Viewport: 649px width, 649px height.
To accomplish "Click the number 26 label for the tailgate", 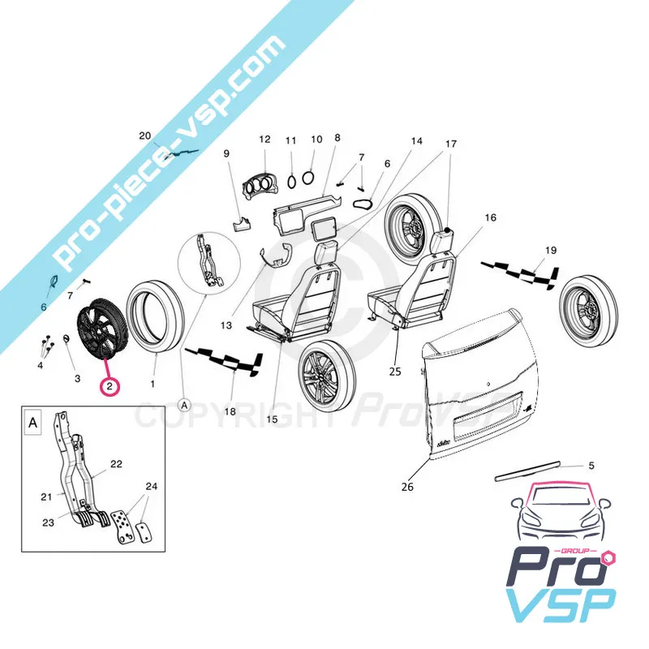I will pos(407,487).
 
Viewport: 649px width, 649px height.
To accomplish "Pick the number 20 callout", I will pos(146,135).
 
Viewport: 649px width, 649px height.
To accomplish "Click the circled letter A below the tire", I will pos(184,403).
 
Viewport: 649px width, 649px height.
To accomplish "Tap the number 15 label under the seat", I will pos(272,419).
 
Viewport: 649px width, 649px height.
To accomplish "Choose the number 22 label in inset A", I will pos(116,463).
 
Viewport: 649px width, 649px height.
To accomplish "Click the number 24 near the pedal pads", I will pos(151,488).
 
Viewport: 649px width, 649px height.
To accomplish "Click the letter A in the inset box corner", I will pos(32,423).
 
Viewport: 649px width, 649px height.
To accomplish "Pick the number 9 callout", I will pos(226,153).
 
